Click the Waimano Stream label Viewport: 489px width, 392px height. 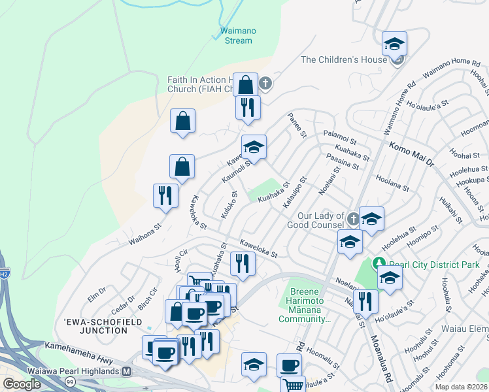(x=234, y=35)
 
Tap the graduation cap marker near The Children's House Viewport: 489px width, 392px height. (x=394, y=44)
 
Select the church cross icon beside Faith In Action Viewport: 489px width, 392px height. (x=265, y=83)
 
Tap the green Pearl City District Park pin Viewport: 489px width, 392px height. (x=381, y=265)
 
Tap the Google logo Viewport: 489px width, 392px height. (x=22, y=384)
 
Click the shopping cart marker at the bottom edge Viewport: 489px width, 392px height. (x=293, y=385)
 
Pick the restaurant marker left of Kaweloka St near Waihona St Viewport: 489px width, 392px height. (x=165, y=195)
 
